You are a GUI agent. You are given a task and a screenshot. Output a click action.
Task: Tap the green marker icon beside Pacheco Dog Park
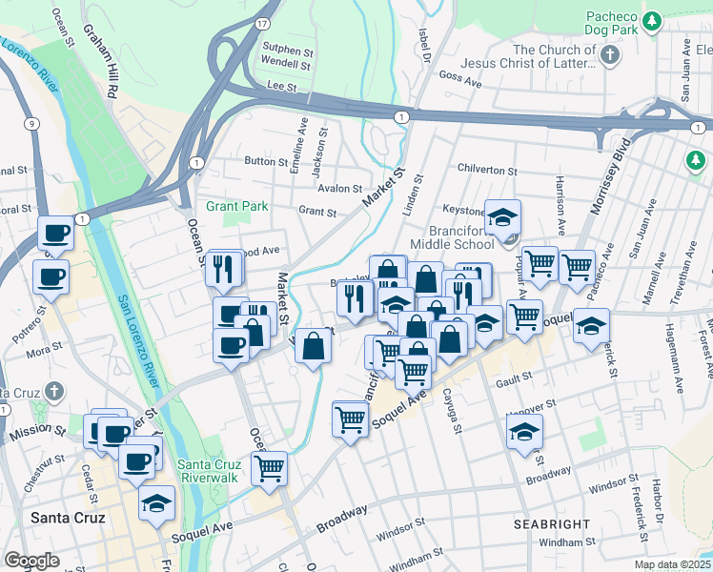tap(652, 21)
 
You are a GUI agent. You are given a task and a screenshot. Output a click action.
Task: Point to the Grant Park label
tap(237, 206)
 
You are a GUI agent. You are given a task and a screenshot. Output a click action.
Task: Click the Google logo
tap(31, 561)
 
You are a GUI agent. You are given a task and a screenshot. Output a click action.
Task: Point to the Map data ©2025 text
tap(671, 564)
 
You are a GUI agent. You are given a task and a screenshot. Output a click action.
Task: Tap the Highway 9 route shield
tap(32, 123)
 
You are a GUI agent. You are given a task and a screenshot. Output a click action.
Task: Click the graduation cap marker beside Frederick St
tap(591, 326)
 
